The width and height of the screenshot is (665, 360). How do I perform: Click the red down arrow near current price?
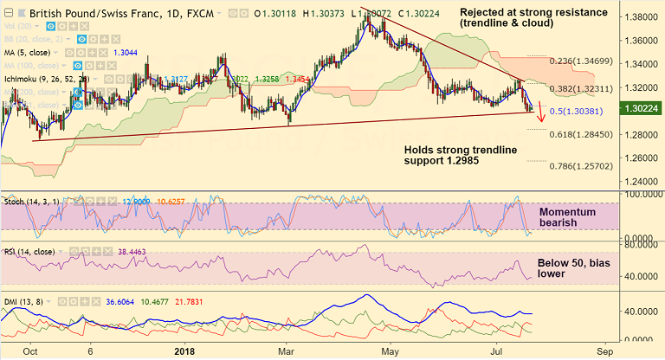tap(541, 112)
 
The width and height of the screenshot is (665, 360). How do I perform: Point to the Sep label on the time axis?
tap(606, 351)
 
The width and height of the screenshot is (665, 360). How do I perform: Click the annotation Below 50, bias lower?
tap(564, 267)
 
